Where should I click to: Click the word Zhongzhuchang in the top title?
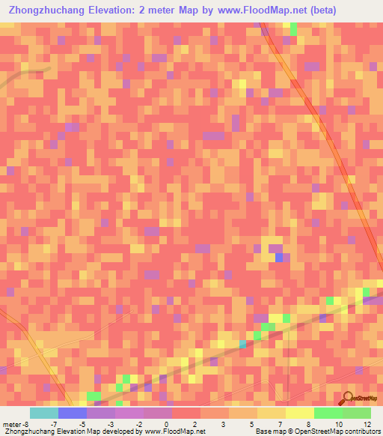(x=46, y=10)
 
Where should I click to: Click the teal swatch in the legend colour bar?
(x=43, y=414)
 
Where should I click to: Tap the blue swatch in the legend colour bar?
(x=72, y=414)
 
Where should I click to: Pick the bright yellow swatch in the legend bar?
(x=299, y=414)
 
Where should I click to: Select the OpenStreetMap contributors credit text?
(x=337, y=432)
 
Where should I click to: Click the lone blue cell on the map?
(x=279, y=257)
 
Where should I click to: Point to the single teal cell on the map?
(x=242, y=344)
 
